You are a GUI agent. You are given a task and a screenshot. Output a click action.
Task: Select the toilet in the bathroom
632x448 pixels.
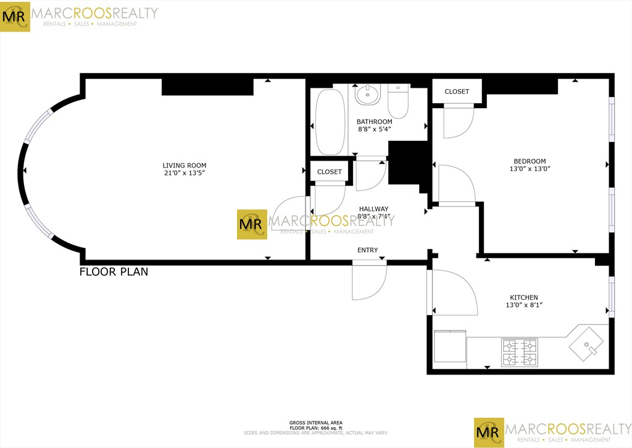399,100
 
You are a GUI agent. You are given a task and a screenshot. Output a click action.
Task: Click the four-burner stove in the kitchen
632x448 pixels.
520,353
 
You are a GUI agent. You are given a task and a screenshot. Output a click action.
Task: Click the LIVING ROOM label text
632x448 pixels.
184,166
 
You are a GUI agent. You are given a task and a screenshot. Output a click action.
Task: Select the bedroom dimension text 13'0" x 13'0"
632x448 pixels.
529,169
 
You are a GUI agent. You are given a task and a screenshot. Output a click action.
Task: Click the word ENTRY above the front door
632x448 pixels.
367,250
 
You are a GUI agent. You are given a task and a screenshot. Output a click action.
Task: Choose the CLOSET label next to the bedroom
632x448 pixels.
457,91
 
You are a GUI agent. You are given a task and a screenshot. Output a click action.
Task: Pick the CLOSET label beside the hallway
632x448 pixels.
329,172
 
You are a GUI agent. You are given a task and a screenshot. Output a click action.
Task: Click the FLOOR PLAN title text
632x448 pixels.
114,271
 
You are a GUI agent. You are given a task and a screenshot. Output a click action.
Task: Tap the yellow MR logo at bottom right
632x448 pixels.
489,433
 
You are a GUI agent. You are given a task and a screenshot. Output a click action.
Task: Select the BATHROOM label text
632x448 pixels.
375,122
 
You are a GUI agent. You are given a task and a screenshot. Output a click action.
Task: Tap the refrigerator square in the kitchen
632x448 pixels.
450,347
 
